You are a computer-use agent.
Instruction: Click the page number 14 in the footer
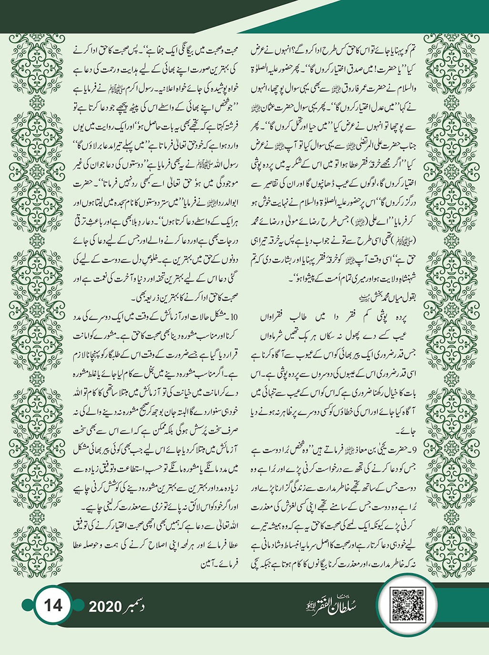[x=52, y=605]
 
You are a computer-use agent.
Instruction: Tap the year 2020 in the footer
[x=106, y=606]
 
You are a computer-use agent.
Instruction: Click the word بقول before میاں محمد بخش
[x=407, y=294]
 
